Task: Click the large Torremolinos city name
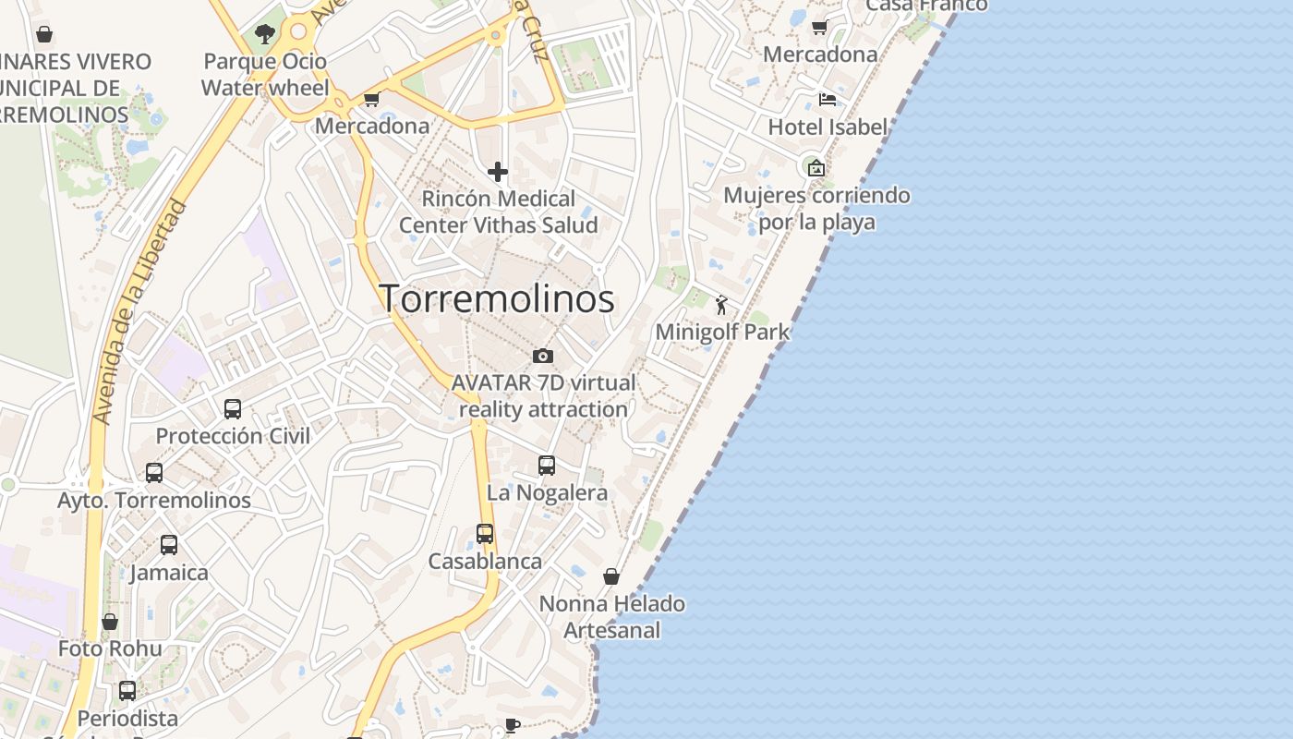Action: coord(497,298)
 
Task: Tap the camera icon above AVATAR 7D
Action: coord(543,356)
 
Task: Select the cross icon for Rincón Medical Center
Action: coord(498,172)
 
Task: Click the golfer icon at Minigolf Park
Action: coord(721,305)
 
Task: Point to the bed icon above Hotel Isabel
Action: coord(827,99)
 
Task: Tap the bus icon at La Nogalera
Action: coord(547,466)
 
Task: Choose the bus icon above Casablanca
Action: coord(485,534)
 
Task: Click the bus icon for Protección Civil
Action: coord(233,408)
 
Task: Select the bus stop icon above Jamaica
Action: coord(169,545)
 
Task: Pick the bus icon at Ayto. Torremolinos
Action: coord(154,473)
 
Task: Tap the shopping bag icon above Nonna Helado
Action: coord(611,576)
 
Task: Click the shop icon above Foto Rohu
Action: coord(110,622)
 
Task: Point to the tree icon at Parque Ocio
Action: coord(265,35)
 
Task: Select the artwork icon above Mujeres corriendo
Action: coord(816,168)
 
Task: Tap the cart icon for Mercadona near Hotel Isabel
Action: coord(819,28)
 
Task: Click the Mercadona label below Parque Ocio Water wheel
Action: coord(372,126)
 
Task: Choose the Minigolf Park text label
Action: coord(722,332)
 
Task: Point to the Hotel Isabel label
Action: coord(828,127)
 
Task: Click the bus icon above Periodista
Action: coord(127,690)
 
